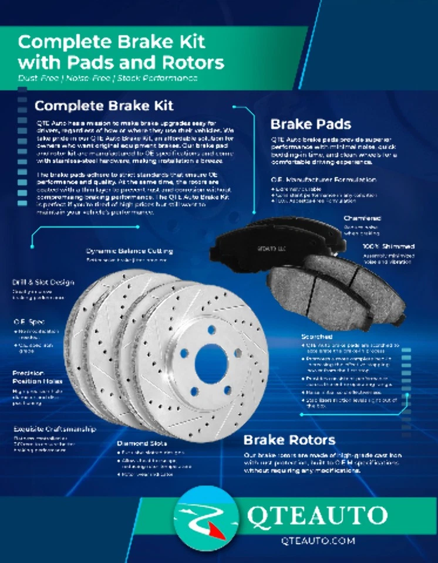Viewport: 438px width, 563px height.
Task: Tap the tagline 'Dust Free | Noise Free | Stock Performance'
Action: point(107,78)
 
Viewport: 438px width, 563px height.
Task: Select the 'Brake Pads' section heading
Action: point(311,124)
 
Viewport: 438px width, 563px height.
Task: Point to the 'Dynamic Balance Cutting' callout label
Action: point(129,251)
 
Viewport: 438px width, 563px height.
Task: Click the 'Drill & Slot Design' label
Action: point(43,282)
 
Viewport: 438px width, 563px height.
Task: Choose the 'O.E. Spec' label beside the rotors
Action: point(29,322)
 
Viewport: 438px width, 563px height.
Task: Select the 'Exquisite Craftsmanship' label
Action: point(55,429)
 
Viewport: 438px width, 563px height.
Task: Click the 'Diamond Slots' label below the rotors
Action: point(141,443)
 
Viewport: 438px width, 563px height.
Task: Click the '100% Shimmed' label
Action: point(388,247)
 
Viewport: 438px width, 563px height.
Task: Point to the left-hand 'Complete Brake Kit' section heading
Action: point(104,106)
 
